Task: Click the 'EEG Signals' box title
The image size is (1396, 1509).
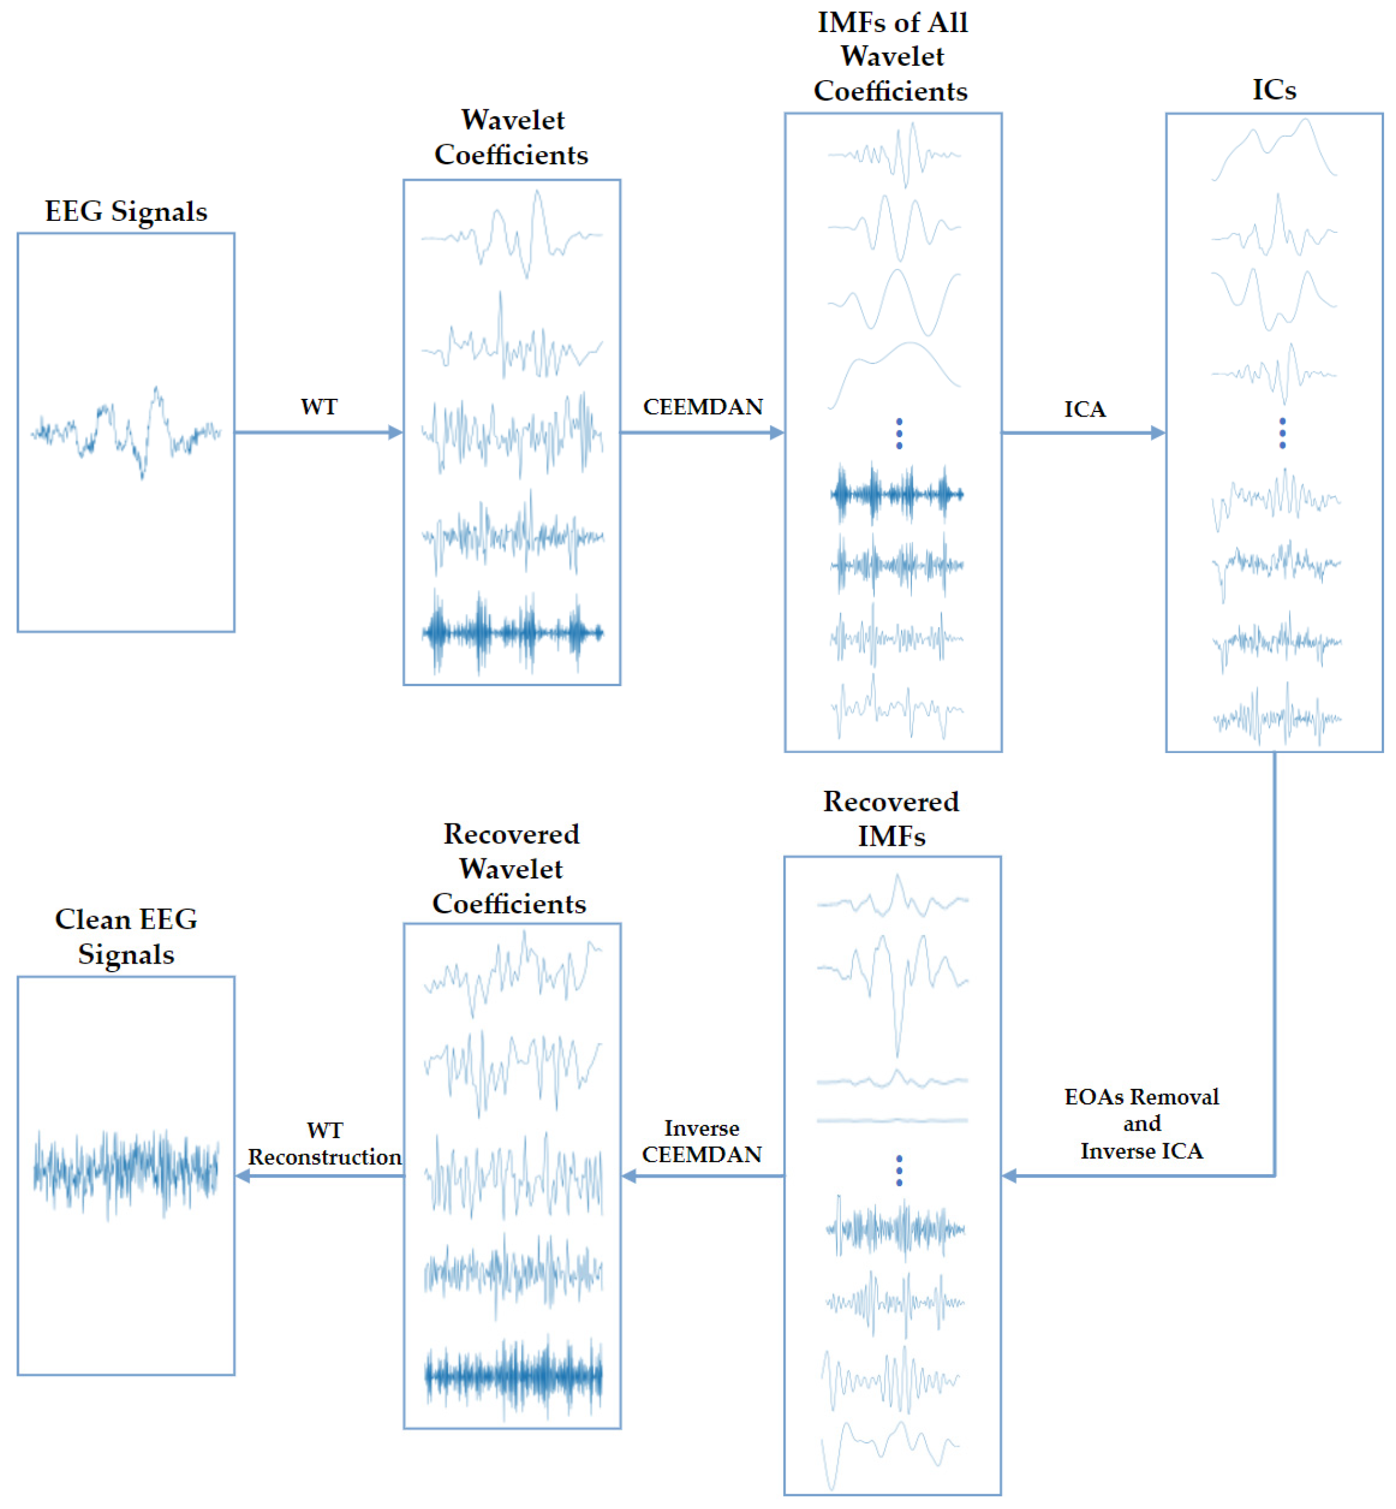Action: pyautogui.click(x=125, y=212)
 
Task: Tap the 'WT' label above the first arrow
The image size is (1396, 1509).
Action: pyautogui.click(x=319, y=407)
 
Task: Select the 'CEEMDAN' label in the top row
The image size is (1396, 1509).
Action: pyautogui.click(x=703, y=407)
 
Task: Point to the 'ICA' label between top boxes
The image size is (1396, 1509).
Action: pyautogui.click(x=1085, y=410)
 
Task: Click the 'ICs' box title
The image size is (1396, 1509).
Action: pyautogui.click(x=1274, y=90)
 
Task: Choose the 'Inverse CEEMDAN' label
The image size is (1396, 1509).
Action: pyautogui.click(x=702, y=1141)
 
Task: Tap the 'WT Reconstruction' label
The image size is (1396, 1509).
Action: pyautogui.click(x=325, y=1143)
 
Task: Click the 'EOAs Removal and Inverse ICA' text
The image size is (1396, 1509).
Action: pyautogui.click(x=1141, y=1124)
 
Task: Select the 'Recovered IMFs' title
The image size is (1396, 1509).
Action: pyautogui.click(x=891, y=818)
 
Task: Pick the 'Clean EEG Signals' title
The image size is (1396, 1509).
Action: pyautogui.click(x=126, y=936)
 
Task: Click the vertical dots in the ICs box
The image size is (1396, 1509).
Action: pyautogui.click(x=1282, y=433)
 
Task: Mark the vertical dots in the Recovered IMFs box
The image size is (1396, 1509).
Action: pyautogui.click(x=899, y=1170)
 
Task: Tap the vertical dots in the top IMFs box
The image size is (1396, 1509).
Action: pyautogui.click(x=899, y=433)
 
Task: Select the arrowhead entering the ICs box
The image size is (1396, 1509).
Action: pyautogui.click(x=1158, y=433)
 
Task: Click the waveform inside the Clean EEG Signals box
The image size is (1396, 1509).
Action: pyautogui.click(x=126, y=1171)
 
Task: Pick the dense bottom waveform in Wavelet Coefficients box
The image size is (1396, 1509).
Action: pyautogui.click(x=512, y=632)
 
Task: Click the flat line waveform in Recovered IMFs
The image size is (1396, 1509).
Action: pyautogui.click(x=892, y=1120)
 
